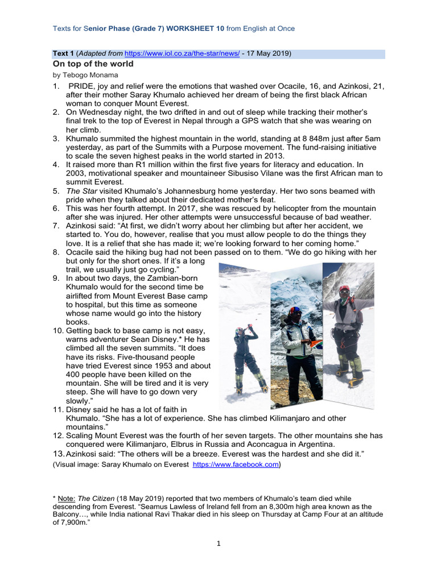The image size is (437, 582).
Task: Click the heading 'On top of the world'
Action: point(93,64)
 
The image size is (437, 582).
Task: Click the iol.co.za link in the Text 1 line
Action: point(176,54)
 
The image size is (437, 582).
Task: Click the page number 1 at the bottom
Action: point(218,543)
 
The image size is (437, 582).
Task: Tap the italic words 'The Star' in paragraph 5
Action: point(81,191)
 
